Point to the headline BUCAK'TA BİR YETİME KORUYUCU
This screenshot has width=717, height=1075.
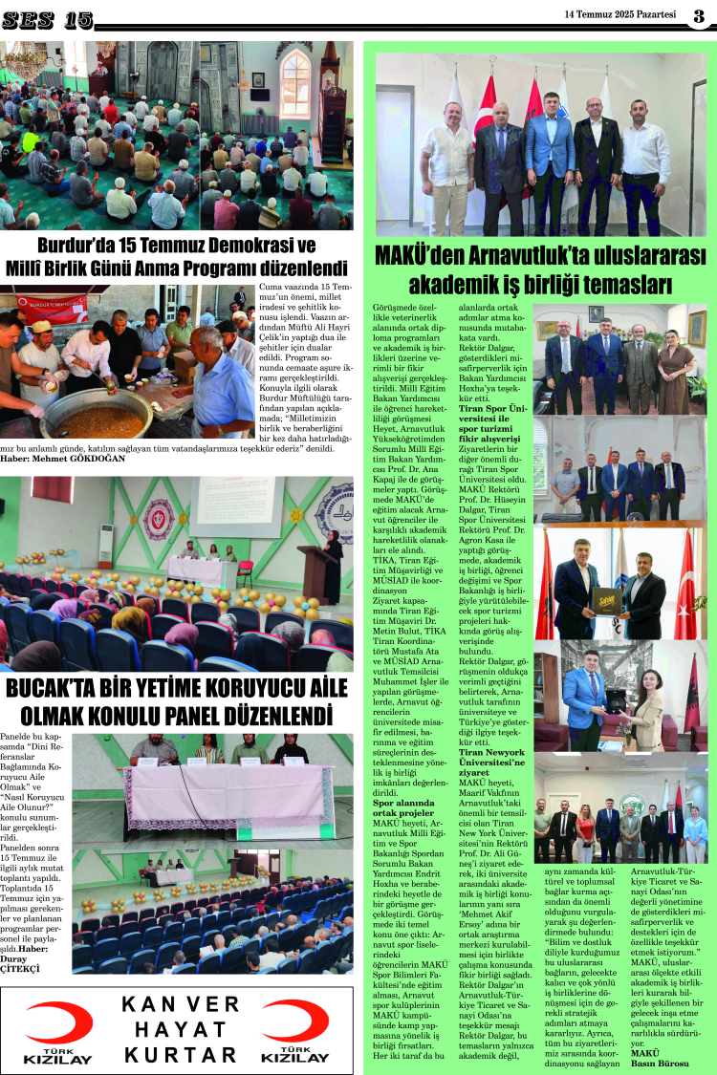coord(172,702)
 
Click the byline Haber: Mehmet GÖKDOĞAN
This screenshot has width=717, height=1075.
coord(62,458)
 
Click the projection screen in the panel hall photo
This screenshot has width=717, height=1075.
coord(233,508)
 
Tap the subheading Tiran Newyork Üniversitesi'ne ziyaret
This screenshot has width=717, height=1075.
coord(491,758)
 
